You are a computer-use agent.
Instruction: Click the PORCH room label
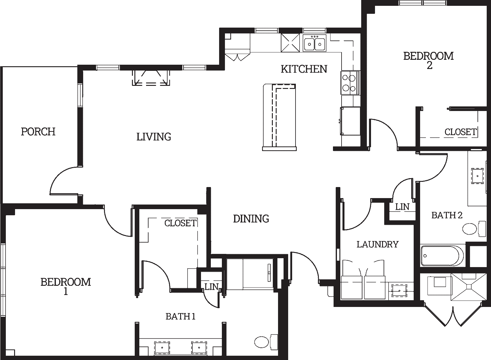38,132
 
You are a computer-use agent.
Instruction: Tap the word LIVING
154,137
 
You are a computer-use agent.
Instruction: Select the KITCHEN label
304,69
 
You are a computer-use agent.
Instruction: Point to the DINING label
251,219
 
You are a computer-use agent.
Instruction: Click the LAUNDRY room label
377,244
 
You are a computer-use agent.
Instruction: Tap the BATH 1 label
180,316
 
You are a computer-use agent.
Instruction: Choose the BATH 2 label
447,215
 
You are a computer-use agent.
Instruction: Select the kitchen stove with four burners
350,83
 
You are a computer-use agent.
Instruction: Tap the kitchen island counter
279,117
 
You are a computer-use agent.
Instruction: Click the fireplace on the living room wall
151,78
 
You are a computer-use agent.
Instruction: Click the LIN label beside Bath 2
402,207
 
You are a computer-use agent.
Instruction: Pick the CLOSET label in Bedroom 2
461,132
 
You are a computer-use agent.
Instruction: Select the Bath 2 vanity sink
477,176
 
